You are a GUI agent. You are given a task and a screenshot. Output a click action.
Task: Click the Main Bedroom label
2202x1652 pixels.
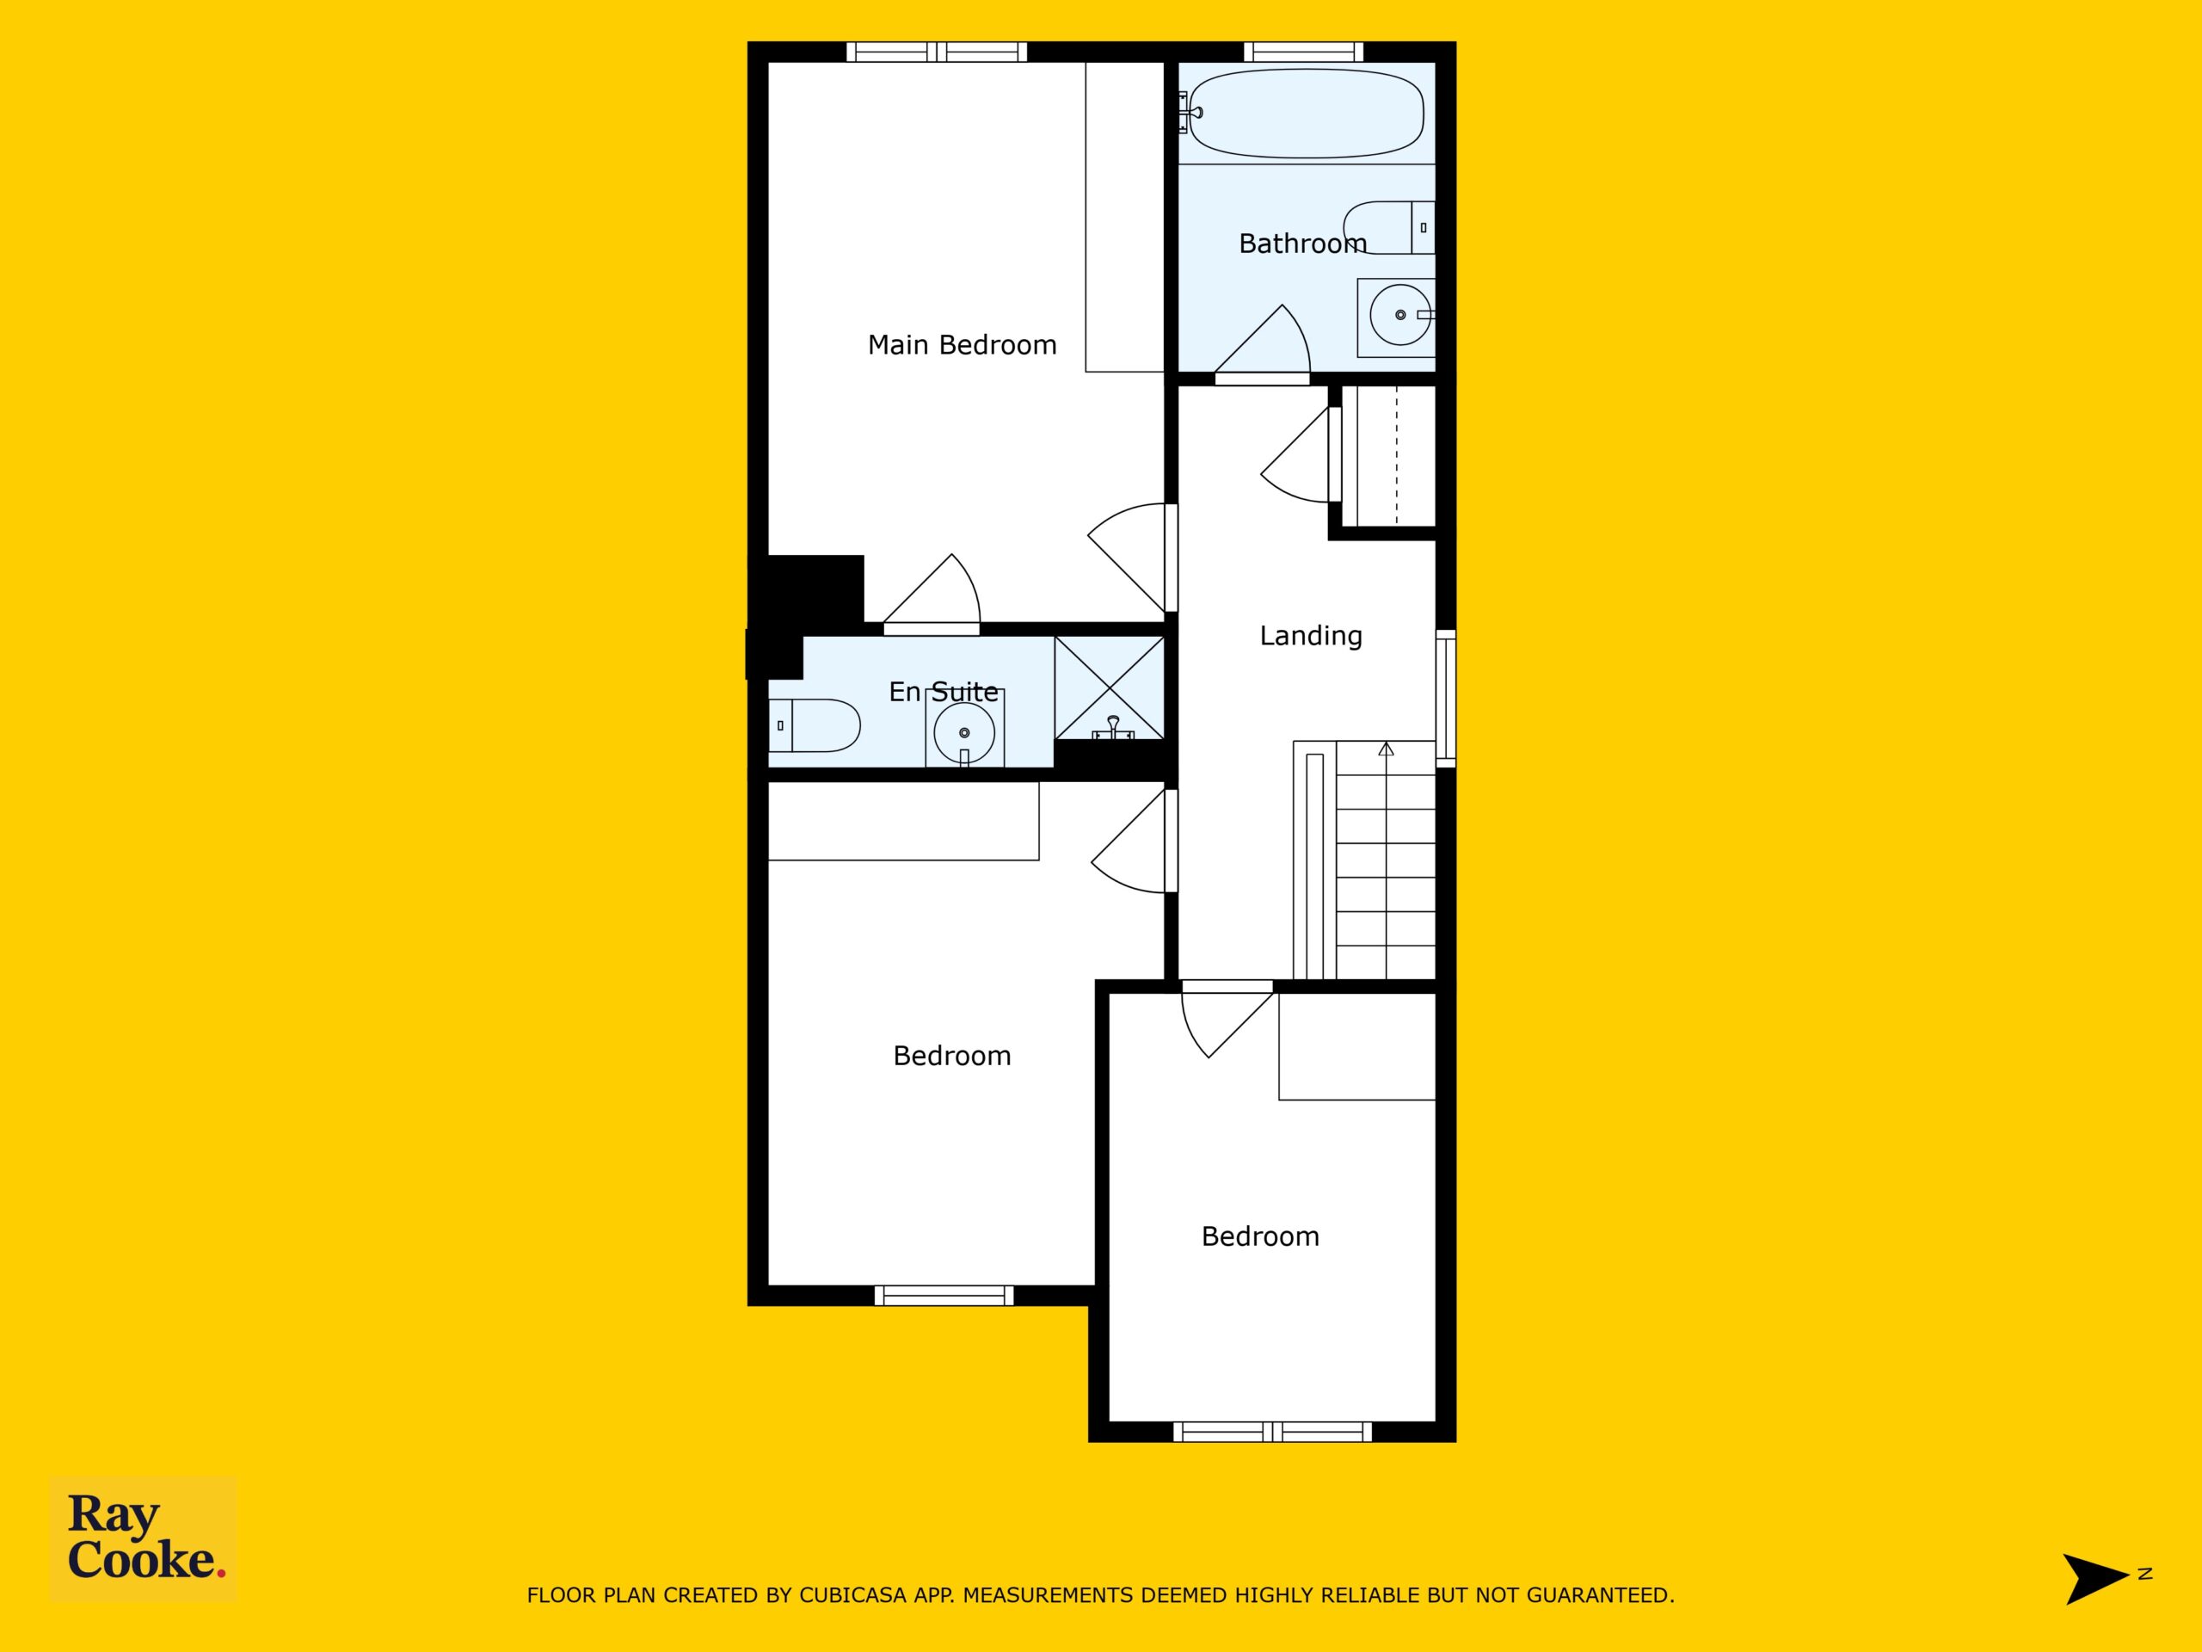962,344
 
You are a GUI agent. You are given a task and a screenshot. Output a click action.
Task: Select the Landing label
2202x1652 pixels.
1310,635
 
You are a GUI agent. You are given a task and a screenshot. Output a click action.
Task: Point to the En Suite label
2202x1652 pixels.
943,691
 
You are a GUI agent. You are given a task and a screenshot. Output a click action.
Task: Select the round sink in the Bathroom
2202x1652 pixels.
1399,315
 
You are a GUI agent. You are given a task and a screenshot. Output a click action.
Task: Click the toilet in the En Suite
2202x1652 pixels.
815,725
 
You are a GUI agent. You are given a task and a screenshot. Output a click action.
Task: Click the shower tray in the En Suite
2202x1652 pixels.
1109,689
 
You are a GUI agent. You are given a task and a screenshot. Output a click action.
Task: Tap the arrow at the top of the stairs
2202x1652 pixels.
1386,748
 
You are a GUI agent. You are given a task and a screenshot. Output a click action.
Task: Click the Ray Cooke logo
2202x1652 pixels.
144,1538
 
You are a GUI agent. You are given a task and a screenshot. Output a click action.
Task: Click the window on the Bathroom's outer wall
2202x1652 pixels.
1303,52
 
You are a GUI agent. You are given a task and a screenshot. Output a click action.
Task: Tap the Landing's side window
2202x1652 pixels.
1445,697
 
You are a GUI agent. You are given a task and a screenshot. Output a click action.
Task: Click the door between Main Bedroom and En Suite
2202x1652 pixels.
932,595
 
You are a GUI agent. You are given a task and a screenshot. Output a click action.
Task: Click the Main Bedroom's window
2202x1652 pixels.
937,52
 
